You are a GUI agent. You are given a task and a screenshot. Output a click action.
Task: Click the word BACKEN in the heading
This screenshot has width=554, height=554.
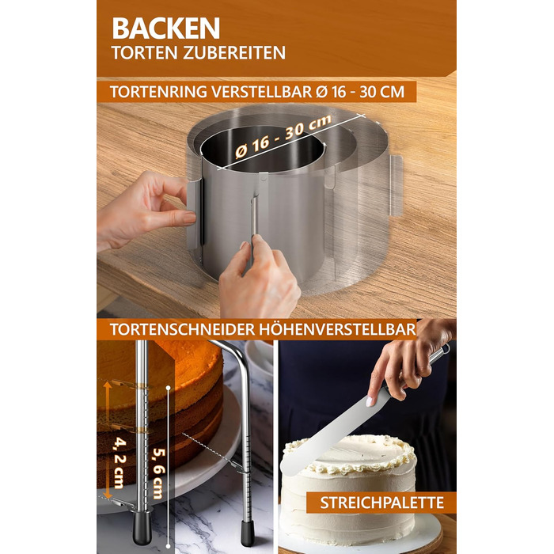[166, 28]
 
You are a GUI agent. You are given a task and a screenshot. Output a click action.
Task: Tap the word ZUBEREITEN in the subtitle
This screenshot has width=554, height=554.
[234, 53]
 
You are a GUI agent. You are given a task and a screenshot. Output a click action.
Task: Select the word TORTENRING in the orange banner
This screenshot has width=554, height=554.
[158, 92]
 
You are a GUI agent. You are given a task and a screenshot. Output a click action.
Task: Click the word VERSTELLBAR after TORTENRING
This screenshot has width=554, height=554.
[262, 92]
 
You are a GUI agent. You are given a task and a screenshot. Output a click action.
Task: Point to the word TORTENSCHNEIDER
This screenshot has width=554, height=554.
[182, 329]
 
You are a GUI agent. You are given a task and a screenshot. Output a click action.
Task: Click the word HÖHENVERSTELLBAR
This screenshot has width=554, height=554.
[337, 329]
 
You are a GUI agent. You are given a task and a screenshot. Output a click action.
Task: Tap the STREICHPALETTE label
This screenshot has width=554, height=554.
[382, 503]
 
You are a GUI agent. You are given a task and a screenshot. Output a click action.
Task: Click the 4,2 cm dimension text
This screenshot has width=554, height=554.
[119, 464]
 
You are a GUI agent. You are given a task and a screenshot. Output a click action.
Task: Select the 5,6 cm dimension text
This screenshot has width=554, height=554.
[158, 473]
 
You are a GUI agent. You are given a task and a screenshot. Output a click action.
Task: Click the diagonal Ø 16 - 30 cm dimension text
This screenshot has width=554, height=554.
[283, 135]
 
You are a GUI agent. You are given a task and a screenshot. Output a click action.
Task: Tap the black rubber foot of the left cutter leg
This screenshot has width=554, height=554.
[142, 526]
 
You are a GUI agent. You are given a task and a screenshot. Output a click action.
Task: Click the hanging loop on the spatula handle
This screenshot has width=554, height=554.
[446, 348]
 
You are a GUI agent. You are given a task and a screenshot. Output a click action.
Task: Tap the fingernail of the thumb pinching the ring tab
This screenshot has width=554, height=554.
[189, 218]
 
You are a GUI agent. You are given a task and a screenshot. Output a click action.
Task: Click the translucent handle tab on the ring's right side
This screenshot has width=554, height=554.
[396, 186]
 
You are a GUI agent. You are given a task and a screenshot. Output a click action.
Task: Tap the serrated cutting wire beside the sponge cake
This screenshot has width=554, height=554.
[211, 450]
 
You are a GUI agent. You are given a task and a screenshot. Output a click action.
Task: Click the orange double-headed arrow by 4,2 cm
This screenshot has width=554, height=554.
[107, 441]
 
